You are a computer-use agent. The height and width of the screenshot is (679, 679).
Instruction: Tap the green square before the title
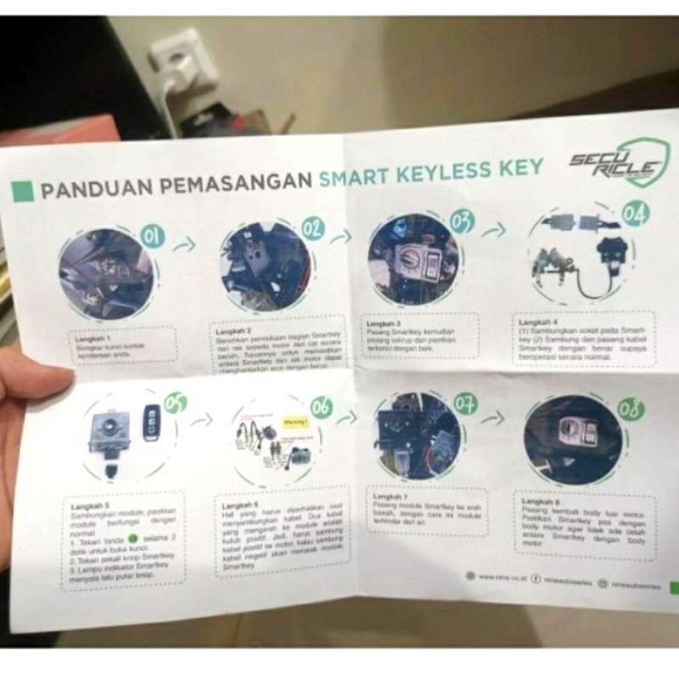pos(24,191)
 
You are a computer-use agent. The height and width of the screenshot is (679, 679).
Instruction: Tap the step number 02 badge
pos(312,227)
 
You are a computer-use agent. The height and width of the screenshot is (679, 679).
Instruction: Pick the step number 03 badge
pos(462,222)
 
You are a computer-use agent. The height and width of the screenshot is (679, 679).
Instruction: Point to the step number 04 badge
pos(634,212)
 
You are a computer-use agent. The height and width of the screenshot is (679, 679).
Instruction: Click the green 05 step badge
pos(175,404)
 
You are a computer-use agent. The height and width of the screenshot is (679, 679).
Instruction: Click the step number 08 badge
pos(630,409)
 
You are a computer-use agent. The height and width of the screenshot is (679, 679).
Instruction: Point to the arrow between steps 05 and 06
pos(201,420)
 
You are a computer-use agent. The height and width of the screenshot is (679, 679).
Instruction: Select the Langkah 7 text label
pos(390,496)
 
